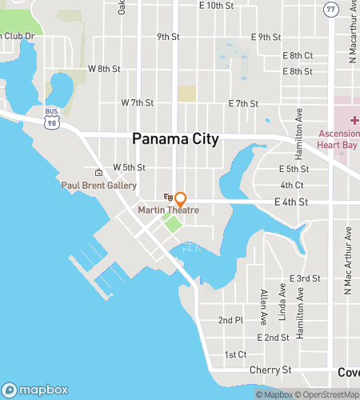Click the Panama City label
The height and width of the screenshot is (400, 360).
pos(175,139)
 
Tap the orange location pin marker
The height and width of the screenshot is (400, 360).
pos(181,198)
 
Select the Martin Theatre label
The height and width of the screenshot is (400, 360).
pos(168,210)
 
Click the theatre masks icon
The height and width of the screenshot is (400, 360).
pos(168,197)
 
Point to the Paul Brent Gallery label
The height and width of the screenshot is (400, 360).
pos(99,185)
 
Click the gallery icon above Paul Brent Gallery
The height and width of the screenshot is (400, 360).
pos(98,173)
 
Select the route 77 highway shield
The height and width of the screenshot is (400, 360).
pos(331,9)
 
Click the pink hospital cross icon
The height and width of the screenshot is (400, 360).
pos(354,119)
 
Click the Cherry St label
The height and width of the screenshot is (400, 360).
pos(270,370)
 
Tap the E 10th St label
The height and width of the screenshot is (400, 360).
pos(216,6)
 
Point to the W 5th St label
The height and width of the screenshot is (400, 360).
pos(129,168)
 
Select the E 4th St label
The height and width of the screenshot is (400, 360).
pos(291,202)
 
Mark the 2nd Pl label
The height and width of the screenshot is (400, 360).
pos(230,320)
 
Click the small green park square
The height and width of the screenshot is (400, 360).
pos(172,222)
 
